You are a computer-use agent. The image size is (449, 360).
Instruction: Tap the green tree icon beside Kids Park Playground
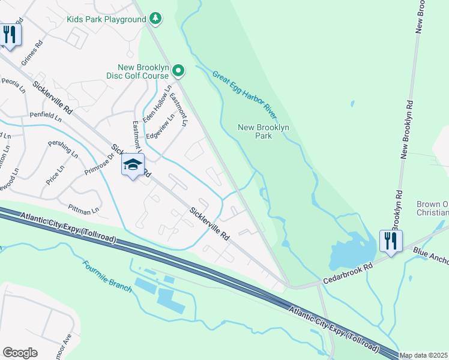click(155, 19)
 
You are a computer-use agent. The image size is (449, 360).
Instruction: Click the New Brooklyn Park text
click(264, 131)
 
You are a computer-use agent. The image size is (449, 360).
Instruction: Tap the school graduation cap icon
click(133, 165)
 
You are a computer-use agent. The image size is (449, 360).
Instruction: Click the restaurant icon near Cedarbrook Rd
click(391, 241)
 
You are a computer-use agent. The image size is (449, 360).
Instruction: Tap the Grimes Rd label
click(32, 53)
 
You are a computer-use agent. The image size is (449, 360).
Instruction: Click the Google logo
click(20, 352)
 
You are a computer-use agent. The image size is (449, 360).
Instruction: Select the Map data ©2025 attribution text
click(424, 355)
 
